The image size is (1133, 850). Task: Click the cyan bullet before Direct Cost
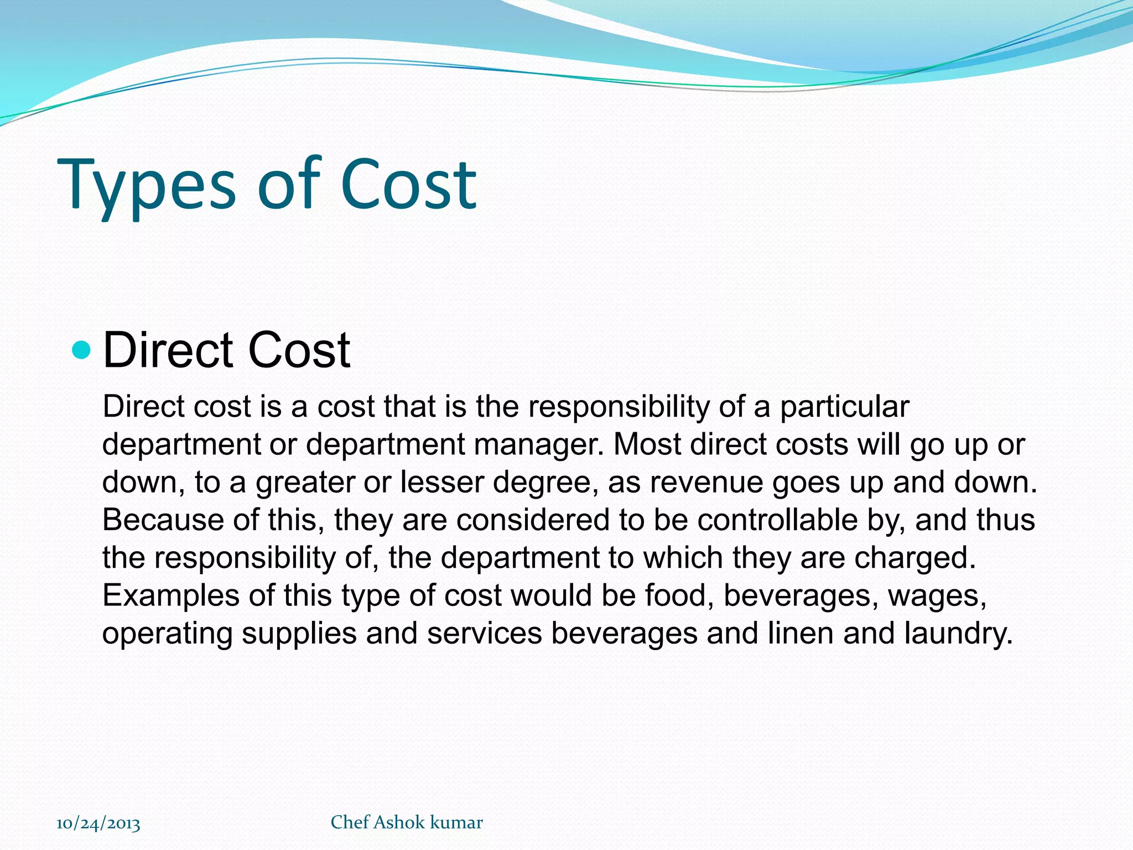point(81,350)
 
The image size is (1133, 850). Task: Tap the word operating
point(167,634)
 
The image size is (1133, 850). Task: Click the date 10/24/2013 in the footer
point(98,823)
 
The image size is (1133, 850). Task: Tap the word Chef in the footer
point(350,822)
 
